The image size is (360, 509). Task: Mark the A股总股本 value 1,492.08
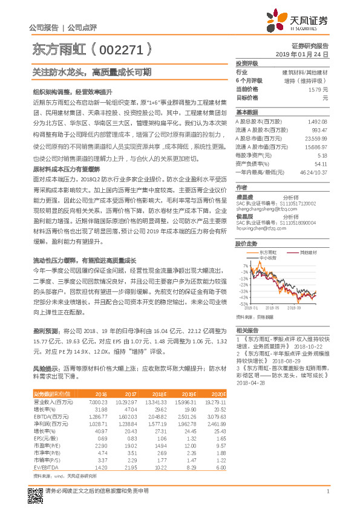318,121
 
